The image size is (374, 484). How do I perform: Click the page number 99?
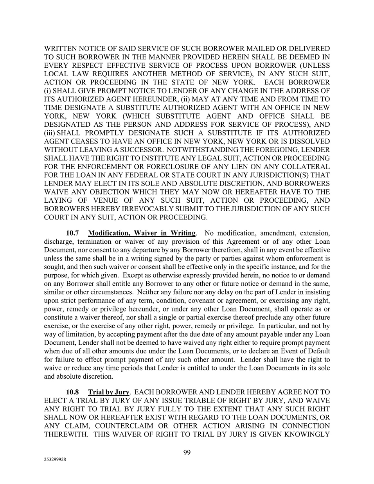pos(187,453)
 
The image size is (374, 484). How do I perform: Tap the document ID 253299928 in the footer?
pos(55,460)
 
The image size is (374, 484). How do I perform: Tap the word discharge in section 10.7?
pos(58,242)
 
